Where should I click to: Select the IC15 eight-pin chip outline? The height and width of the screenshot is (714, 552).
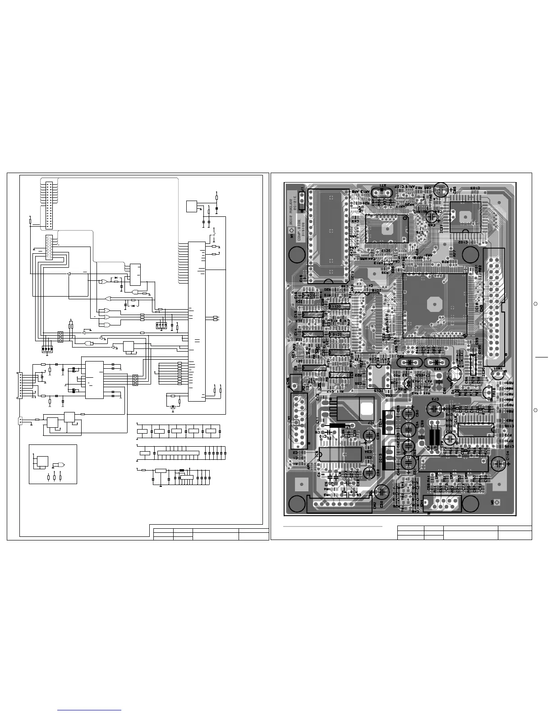pyautogui.click(x=376, y=375)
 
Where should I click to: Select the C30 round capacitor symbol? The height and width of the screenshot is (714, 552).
pyautogui.click(x=382, y=492)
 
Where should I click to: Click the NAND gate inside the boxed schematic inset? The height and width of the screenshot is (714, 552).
pyautogui.click(x=58, y=465)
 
